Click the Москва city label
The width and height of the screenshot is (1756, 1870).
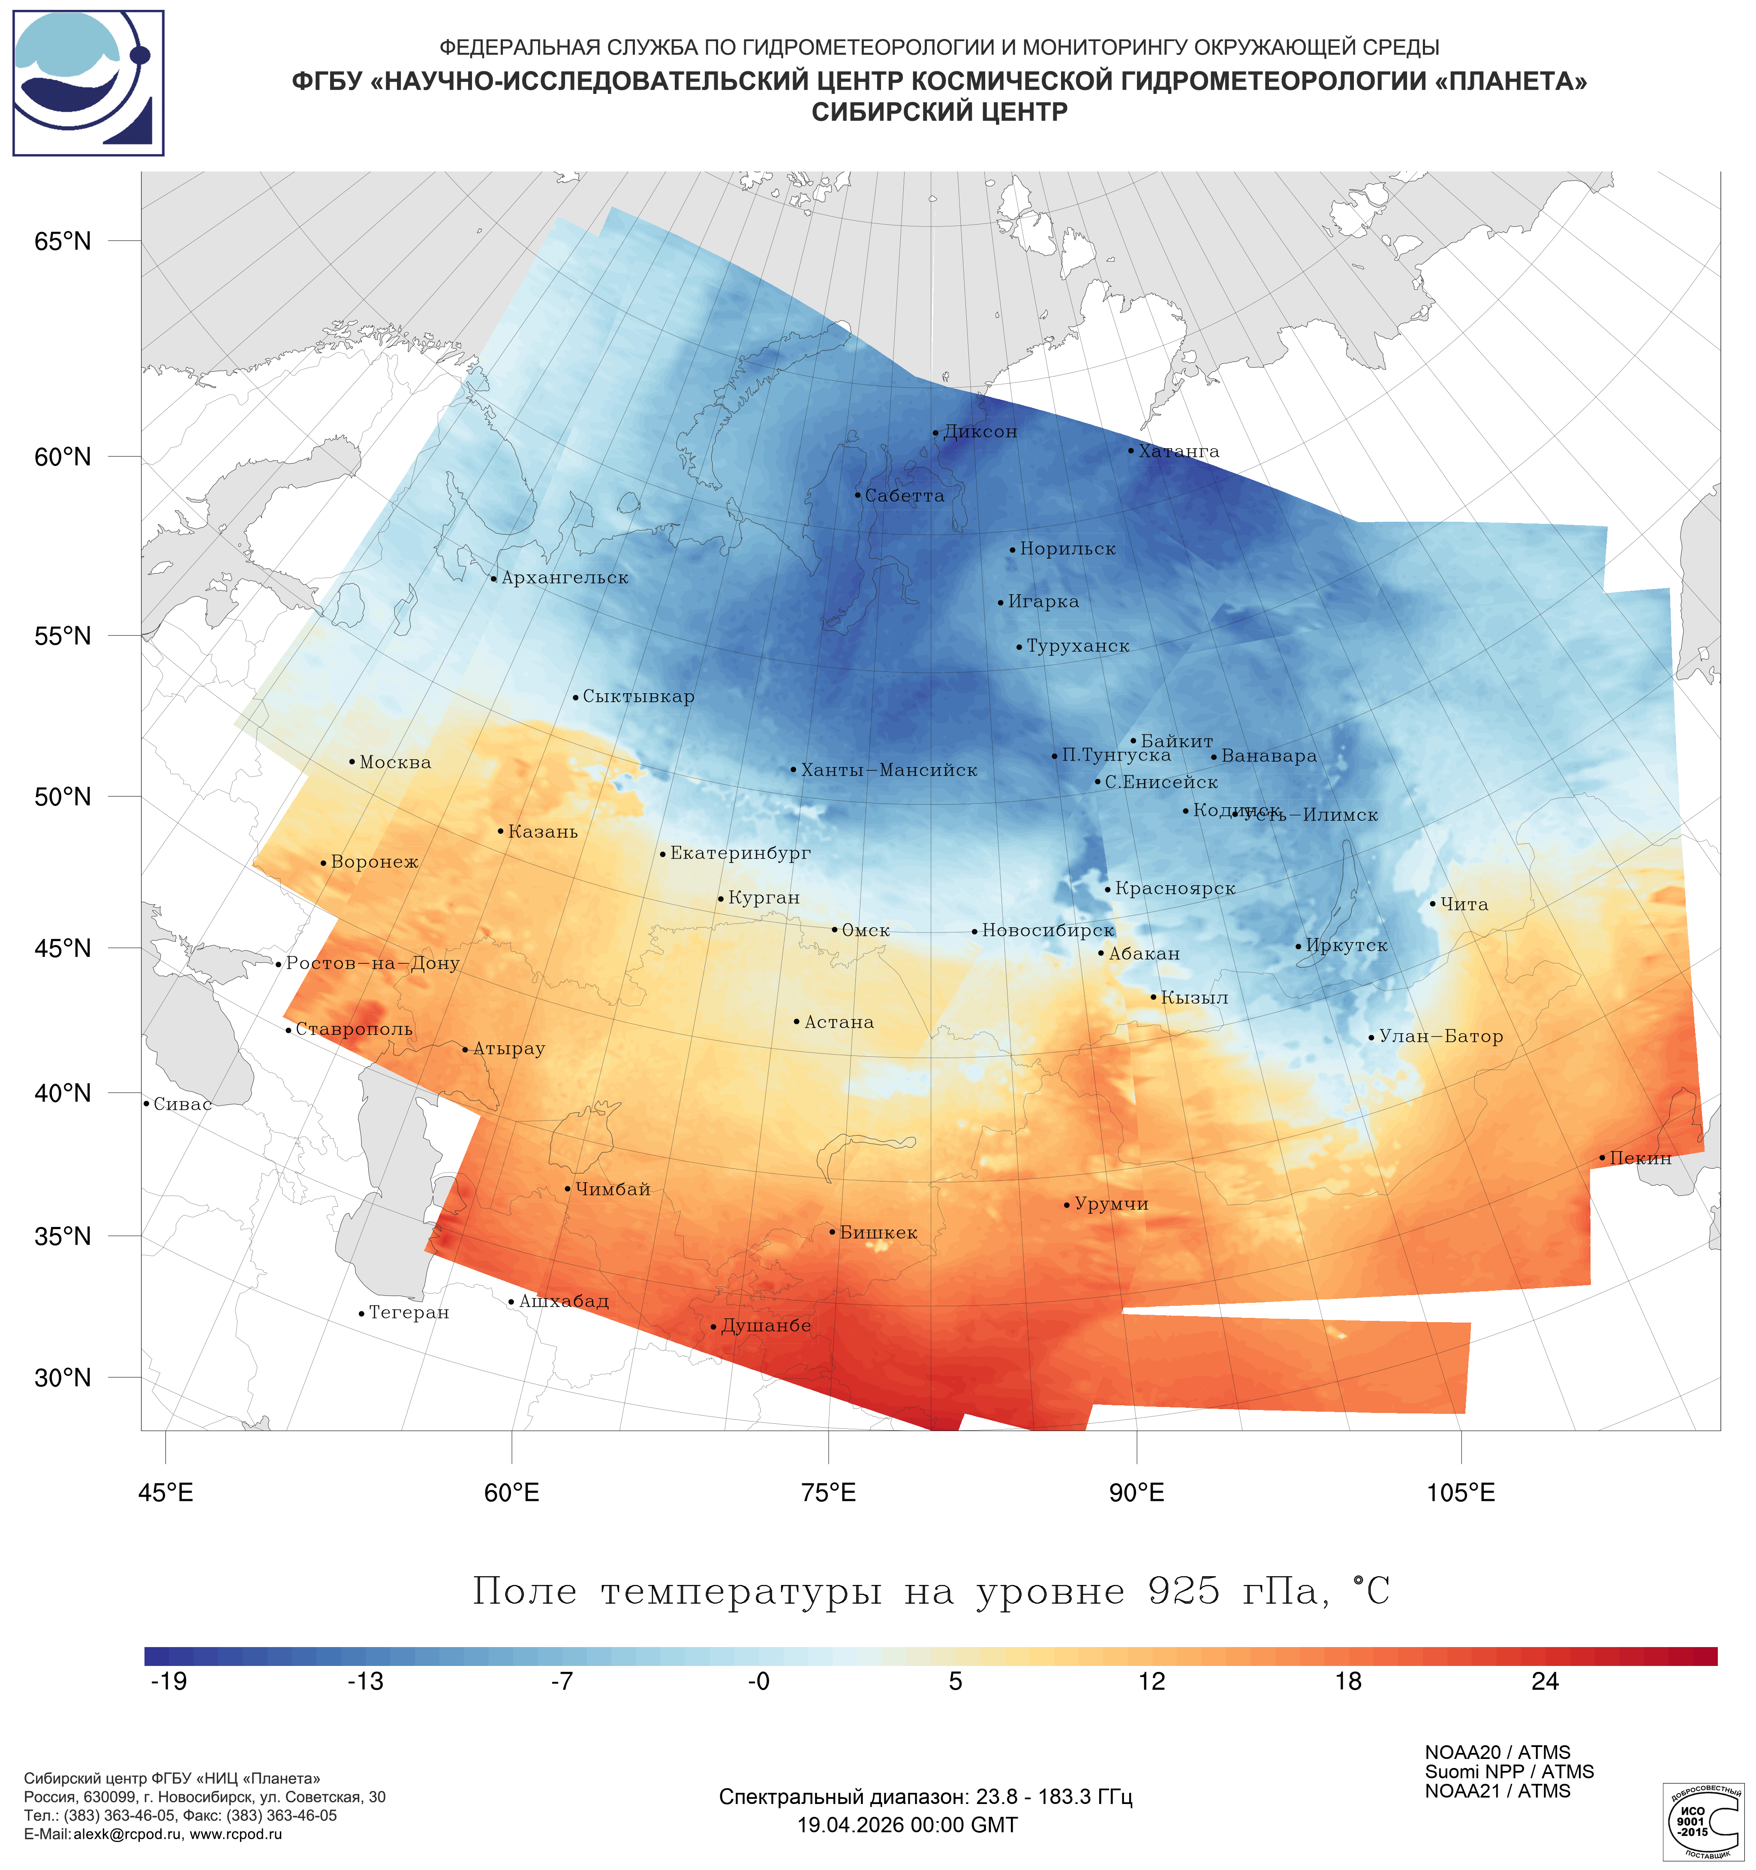(395, 763)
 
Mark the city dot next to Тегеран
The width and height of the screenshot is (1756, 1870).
(361, 1314)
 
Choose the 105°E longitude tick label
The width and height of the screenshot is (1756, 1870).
(1461, 1493)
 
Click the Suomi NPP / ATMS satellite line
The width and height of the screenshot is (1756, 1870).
(1509, 1772)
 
